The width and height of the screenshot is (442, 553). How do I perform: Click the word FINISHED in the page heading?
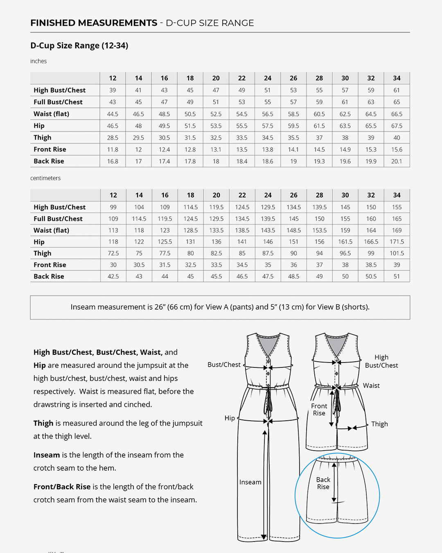[x=53, y=23]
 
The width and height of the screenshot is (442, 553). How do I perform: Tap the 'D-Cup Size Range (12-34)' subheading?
[x=79, y=45]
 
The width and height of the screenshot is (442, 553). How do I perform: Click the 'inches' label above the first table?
[x=38, y=61]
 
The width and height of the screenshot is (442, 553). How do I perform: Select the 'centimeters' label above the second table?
[x=45, y=178]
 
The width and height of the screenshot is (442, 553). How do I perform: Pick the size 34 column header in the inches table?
[x=397, y=78]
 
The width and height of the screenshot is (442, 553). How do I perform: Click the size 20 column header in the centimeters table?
[x=216, y=195]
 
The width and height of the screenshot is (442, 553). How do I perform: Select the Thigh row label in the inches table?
[x=43, y=138]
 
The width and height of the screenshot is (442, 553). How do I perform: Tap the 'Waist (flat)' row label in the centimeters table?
[x=51, y=230]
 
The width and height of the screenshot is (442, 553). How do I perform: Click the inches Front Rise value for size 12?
[x=113, y=150]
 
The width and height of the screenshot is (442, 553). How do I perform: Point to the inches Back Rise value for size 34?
[x=397, y=161]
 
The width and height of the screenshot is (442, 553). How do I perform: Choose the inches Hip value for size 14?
[x=138, y=126]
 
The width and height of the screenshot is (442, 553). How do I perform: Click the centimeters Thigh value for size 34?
[x=397, y=253]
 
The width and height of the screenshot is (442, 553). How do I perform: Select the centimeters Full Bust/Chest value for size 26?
[x=293, y=219]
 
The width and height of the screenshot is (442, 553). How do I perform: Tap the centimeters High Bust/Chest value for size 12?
[x=113, y=207]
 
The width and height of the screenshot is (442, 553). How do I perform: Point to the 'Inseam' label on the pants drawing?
[x=250, y=482]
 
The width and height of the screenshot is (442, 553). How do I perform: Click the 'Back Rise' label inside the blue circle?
[x=323, y=483]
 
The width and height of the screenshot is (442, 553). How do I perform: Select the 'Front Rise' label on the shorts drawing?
[x=319, y=409]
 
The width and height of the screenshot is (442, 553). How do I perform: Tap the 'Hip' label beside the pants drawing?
[x=230, y=418]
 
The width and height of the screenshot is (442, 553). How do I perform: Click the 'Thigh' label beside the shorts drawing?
[x=379, y=424]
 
